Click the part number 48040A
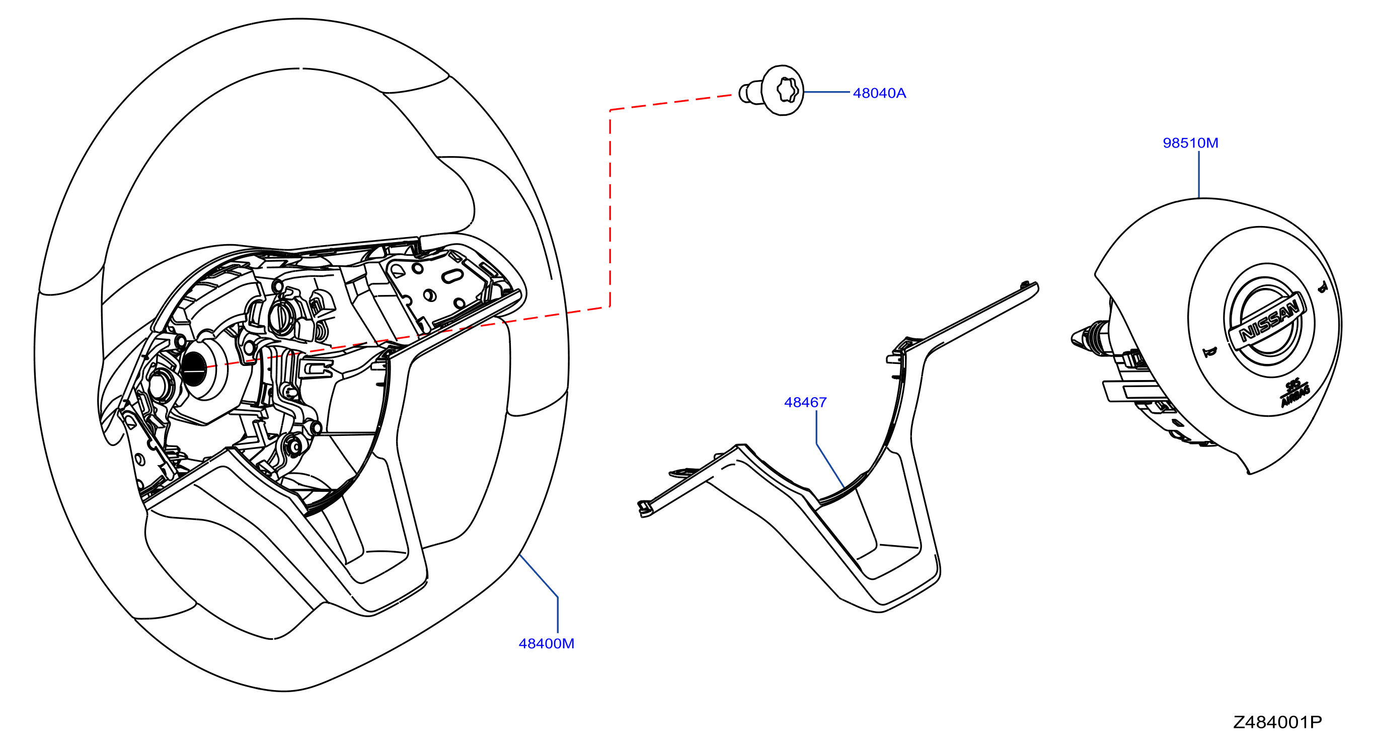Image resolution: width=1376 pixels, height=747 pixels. point(879,94)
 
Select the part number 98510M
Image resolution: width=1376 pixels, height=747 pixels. point(1191,143)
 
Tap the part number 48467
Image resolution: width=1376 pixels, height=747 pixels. point(805,402)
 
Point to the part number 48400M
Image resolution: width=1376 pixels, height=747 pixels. point(547,644)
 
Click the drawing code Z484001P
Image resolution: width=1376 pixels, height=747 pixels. point(1278,722)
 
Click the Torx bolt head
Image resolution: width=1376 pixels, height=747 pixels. point(783,90)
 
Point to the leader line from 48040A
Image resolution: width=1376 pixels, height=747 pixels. point(827,92)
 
